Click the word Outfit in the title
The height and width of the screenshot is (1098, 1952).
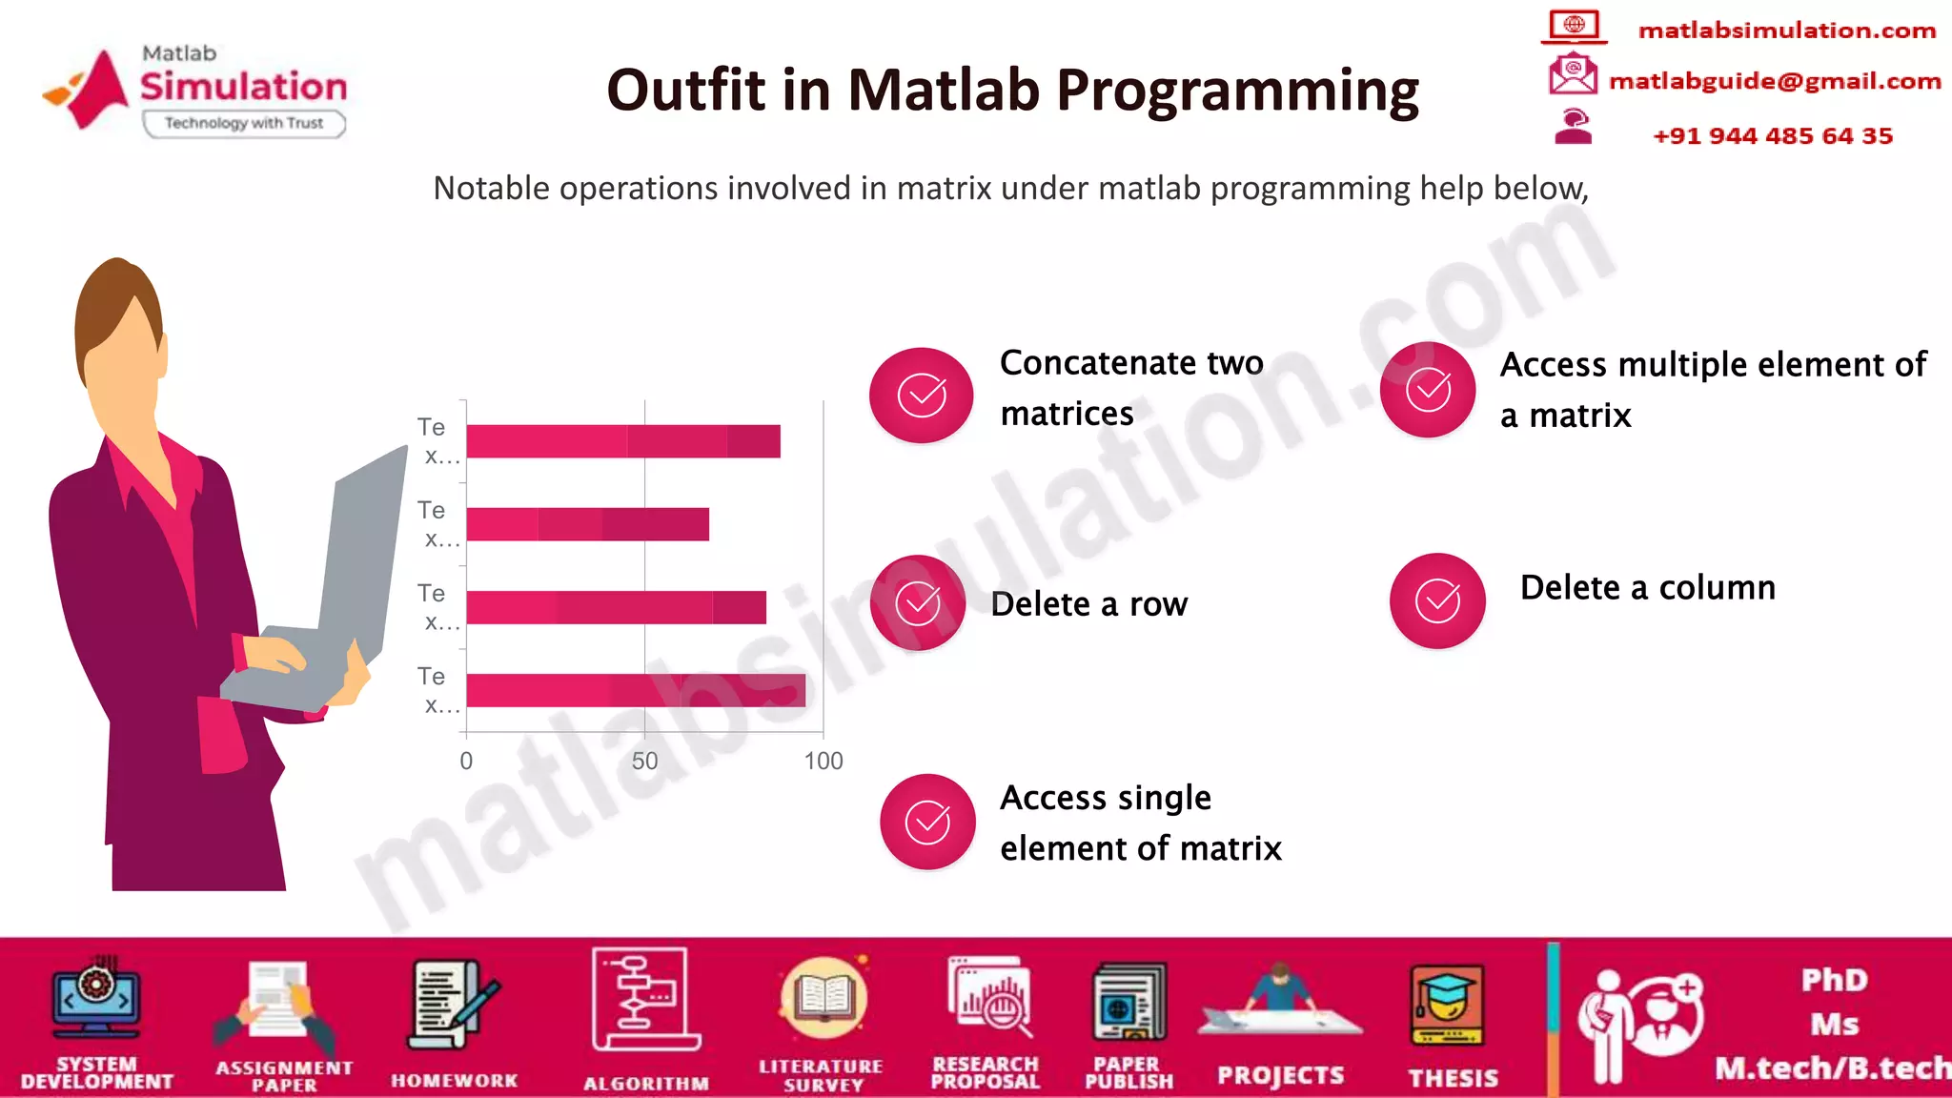click(x=686, y=91)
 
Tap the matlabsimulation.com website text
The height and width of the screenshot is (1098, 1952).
click(x=1786, y=30)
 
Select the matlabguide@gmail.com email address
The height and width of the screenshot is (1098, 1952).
click(x=1774, y=81)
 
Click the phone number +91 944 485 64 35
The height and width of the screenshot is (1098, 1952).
click(x=1772, y=135)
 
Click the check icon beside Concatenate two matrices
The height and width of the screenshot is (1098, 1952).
click(x=922, y=395)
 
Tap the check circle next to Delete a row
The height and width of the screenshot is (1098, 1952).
click(x=918, y=602)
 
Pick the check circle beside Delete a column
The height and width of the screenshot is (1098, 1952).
click(x=1437, y=600)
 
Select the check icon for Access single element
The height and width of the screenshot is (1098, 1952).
click(x=927, y=822)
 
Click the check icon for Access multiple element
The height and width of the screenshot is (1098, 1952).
click(x=1428, y=389)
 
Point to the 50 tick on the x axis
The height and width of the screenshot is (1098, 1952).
click(x=644, y=761)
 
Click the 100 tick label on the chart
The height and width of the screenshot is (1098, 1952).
click(x=823, y=761)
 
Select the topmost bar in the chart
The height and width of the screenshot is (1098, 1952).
click(x=622, y=441)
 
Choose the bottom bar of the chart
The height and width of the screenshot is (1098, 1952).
click(x=635, y=690)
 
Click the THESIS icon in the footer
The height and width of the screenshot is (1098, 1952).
click(x=1446, y=1006)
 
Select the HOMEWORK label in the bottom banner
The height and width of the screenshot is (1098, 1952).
click(x=454, y=1080)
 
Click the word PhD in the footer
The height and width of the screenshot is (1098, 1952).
click(x=1833, y=980)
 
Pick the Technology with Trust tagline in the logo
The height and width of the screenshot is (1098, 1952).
click(x=244, y=123)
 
